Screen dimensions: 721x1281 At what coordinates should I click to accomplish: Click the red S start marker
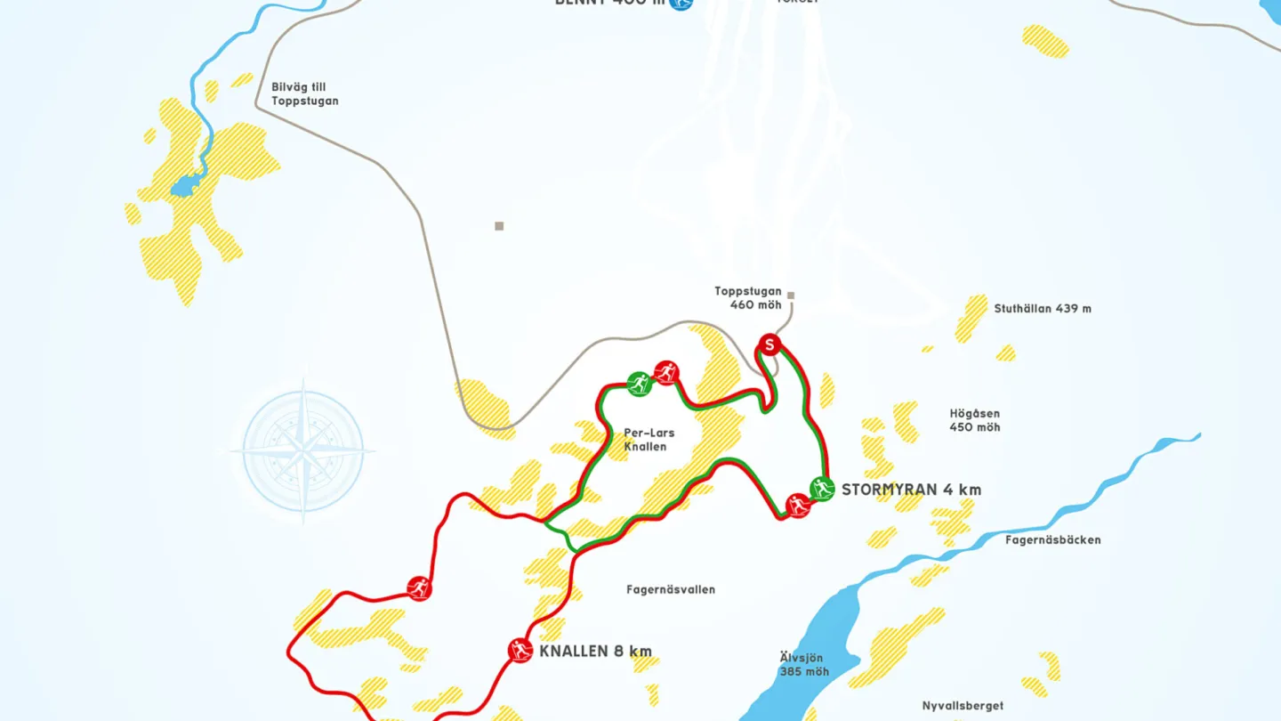[769, 344]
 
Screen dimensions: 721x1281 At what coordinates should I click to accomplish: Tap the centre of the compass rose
[303, 450]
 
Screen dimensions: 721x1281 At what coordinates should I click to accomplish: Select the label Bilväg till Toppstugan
[305, 93]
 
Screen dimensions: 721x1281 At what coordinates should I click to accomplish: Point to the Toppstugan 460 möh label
[748, 298]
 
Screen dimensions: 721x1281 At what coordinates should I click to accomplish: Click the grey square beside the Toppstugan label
[790, 296]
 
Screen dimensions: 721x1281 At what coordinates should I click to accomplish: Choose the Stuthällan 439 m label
[1043, 309]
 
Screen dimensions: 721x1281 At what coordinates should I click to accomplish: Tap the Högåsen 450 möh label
[975, 420]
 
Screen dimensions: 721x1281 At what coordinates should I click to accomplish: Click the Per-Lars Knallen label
[649, 440]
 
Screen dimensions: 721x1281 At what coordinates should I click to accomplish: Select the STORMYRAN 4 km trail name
[911, 490]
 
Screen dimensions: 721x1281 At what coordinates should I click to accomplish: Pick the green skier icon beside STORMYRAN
[822, 488]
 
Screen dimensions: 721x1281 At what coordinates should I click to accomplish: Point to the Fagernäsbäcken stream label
[1053, 539]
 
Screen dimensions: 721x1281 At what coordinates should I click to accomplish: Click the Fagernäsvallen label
[671, 589]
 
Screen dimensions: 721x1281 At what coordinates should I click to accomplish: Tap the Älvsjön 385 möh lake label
[804, 664]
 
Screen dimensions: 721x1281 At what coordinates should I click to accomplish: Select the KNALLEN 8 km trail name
[595, 651]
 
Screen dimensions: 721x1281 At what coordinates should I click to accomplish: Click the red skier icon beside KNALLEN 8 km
[520, 651]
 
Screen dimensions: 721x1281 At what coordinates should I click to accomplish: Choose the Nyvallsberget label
[963, 706]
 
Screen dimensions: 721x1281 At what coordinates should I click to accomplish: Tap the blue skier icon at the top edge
[681, 4]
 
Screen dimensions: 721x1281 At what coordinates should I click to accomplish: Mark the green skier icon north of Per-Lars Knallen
[639, 384]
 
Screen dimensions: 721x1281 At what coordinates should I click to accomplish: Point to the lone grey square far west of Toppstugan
[499, 226]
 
